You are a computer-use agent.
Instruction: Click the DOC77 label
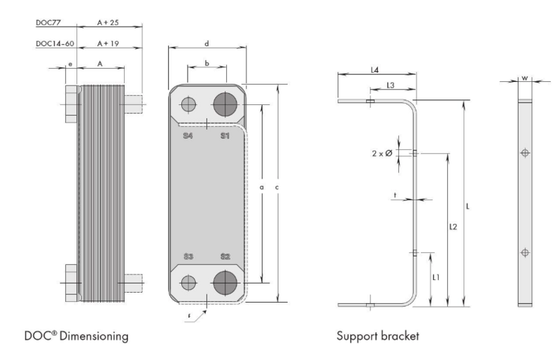tap(48, 22)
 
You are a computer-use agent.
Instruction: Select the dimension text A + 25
tap(108, 22)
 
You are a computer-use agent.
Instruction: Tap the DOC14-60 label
tap(55, 43)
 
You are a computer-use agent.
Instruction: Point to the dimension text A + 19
tap(108, 43)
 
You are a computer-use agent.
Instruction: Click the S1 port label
tap(225, 136)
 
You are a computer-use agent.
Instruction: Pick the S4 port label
tap(188, 136)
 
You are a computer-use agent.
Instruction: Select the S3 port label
tap(188, 256)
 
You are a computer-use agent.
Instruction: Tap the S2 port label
tap(225, 256)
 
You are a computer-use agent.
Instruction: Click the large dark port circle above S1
tap(225, 105)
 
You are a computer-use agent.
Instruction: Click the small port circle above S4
tap(188, 105)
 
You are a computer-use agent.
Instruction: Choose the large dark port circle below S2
tap(225, 283)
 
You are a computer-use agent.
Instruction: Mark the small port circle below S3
tap(188, 283)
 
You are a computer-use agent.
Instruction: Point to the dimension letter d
tap(206, 44)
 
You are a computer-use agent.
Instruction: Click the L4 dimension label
tap(374, 70)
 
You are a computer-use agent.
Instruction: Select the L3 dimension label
tap(391, 85)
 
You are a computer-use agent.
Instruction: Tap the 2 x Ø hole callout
tap(382, 153)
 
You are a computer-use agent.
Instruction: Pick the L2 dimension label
tap(453, 227)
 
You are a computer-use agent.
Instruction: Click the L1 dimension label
tap(436, 277)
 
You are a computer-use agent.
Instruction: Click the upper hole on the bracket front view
tap(524, 153)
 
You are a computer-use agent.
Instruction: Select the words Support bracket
tap(378, 336)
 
